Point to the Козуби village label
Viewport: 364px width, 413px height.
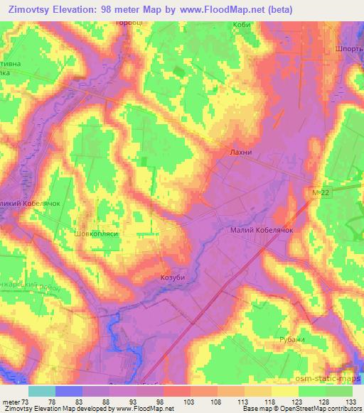[x=173, y=277]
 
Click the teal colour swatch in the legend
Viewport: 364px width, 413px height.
[x=42, y=391]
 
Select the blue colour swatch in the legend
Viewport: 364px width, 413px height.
[x=69, y=391]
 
